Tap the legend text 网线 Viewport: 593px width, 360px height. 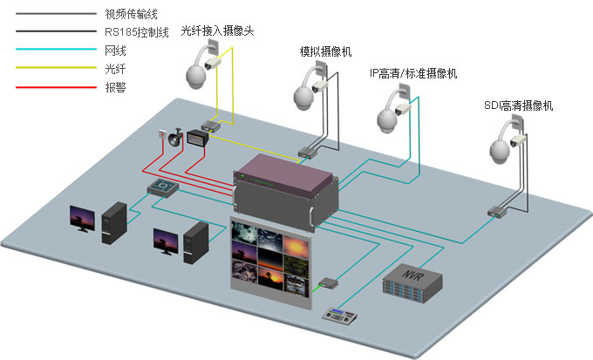tap(112, 50)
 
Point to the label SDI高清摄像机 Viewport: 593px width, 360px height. tap(519, 105)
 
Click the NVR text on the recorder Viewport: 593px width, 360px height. tap(411, 275)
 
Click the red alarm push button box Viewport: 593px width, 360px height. tap(161, 137)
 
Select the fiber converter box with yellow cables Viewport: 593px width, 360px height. tap(212, 123)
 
